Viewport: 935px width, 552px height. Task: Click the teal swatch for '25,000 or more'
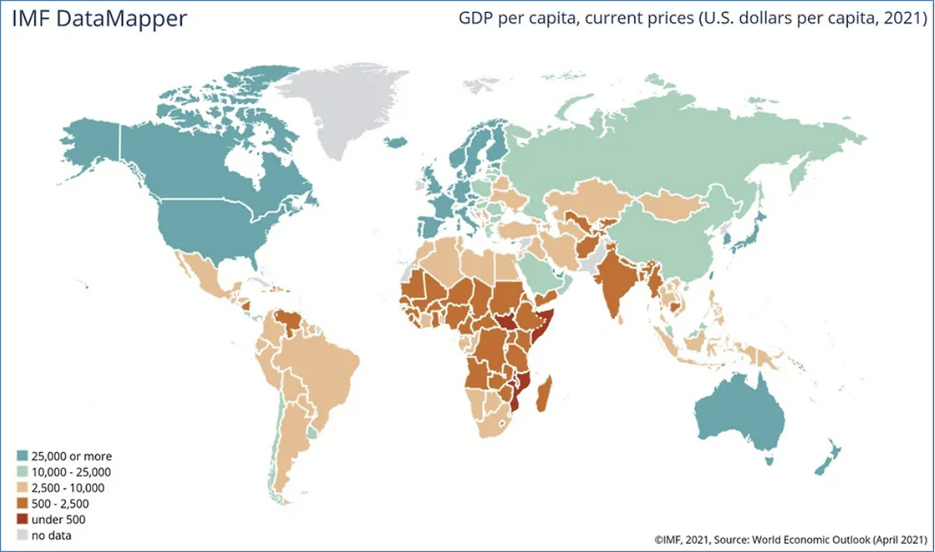click(21, 456)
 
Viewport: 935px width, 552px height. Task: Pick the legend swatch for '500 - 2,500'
click(21, 504)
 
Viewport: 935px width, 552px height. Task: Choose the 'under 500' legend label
click(58, 520)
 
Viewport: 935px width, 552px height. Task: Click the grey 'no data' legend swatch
click(21, 536)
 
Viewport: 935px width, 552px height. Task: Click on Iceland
click(396, 143)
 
